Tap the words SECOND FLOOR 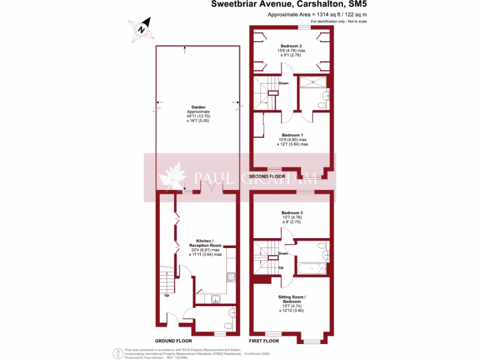click(267, 176)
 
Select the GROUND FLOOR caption click(173, 341)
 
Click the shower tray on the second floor click(312, 82)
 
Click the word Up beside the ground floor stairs click(166, 295)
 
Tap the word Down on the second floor click(283, 83)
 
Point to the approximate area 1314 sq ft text click(317, 15)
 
